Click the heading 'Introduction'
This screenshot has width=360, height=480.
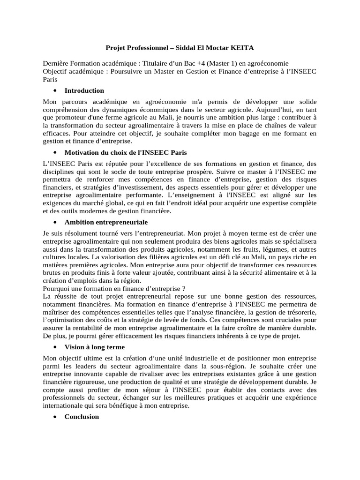click(84, 90)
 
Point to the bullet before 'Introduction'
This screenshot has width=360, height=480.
click(55, 90)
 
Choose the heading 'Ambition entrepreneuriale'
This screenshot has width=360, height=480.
click(106, 221)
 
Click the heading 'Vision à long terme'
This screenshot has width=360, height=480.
click(95, 347)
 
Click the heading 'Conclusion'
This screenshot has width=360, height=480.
click(82, 416)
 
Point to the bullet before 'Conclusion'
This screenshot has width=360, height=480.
click(55, 417)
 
